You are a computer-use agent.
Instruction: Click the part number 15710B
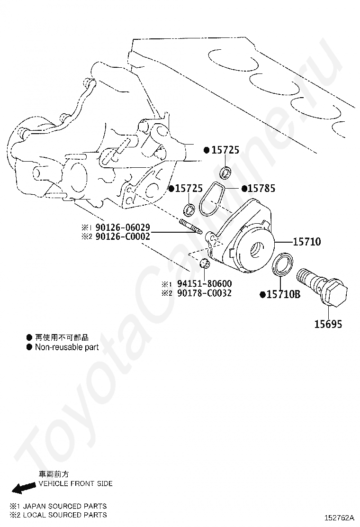[283, 294]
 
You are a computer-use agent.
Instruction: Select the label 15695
[328, 324]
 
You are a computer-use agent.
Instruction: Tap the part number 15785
[261, 189]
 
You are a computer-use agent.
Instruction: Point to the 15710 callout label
[306, 242]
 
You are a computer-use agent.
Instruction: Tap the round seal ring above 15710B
[284, 264]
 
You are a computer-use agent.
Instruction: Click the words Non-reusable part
[67, 347]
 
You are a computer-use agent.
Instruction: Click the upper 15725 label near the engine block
[225, 150]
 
